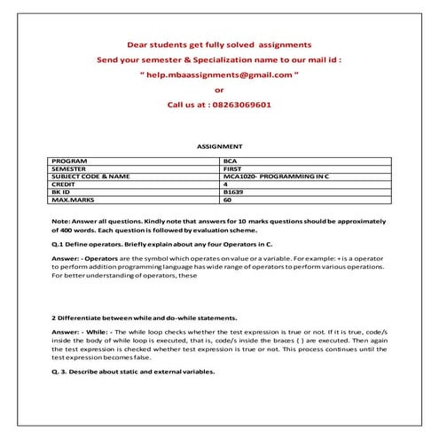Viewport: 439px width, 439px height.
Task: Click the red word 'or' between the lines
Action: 220,89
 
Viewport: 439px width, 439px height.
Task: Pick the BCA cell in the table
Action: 231,161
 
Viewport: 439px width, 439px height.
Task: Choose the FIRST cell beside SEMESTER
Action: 232,169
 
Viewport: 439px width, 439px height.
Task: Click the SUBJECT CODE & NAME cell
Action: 91,176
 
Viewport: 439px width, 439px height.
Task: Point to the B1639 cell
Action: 233,192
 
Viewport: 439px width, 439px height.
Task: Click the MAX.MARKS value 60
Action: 228,200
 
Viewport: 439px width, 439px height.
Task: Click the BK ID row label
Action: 63,192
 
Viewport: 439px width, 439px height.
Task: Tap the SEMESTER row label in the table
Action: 70,169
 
